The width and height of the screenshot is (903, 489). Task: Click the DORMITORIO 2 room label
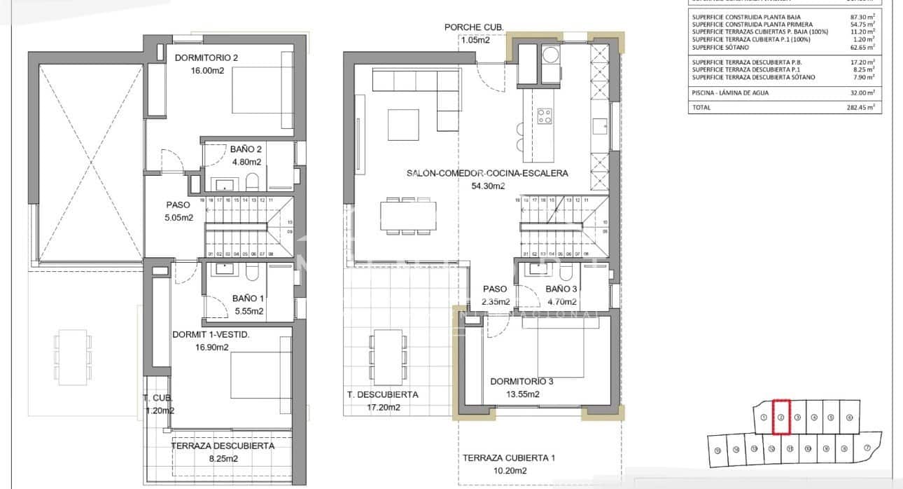pyautogui.click(x=206, y=58)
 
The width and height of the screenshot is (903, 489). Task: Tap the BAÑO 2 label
pyautogui.click(x=246, y=149)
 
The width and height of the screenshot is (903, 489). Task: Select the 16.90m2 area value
pyautogui.click(x=211, y=347)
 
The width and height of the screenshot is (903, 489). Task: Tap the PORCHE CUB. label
pyautogui.click(x=474, y=27)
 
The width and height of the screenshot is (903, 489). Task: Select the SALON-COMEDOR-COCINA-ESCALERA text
pyautogui.click(x=487, y=173)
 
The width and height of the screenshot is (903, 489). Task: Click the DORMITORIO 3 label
pyautogui.click(x=521, y=382)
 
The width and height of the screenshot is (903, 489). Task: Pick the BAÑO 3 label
pyautogui.click(x=561, y=289)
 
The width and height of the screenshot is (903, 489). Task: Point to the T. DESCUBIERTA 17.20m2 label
pyautogui.click(x=382, y=401)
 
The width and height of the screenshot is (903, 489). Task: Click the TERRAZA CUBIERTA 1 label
pyautogui.click(x=508, y=458)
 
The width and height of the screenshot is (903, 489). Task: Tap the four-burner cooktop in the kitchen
pyautogui.click(x=545, y=116)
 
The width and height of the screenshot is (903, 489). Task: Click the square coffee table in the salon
pyautogui.click(x=404, y=125)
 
